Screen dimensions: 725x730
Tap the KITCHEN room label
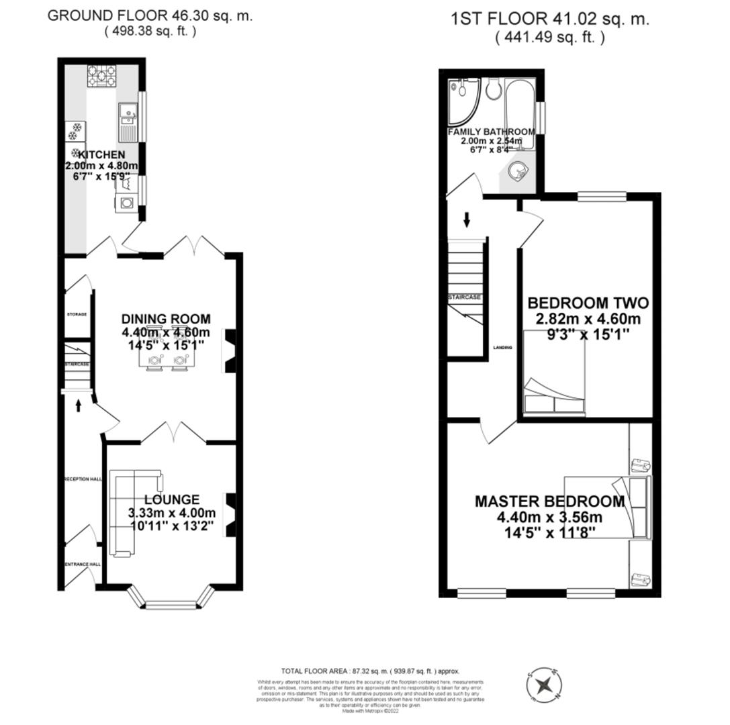[100, 155]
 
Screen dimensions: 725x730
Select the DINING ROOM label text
[166, 319]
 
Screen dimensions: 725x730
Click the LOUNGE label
[173, 499]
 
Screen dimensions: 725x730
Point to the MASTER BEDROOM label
[549, 501]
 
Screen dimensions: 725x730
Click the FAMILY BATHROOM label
[491, 132]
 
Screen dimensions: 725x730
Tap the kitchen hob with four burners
[101, 76]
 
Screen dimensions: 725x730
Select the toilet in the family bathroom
[494, 89]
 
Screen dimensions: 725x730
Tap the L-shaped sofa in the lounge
[124, 514]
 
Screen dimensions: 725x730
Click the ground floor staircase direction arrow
[79, 405]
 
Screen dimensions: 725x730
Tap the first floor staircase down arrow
[466, 219]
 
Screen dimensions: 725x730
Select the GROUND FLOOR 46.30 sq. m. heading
[150, 16]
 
